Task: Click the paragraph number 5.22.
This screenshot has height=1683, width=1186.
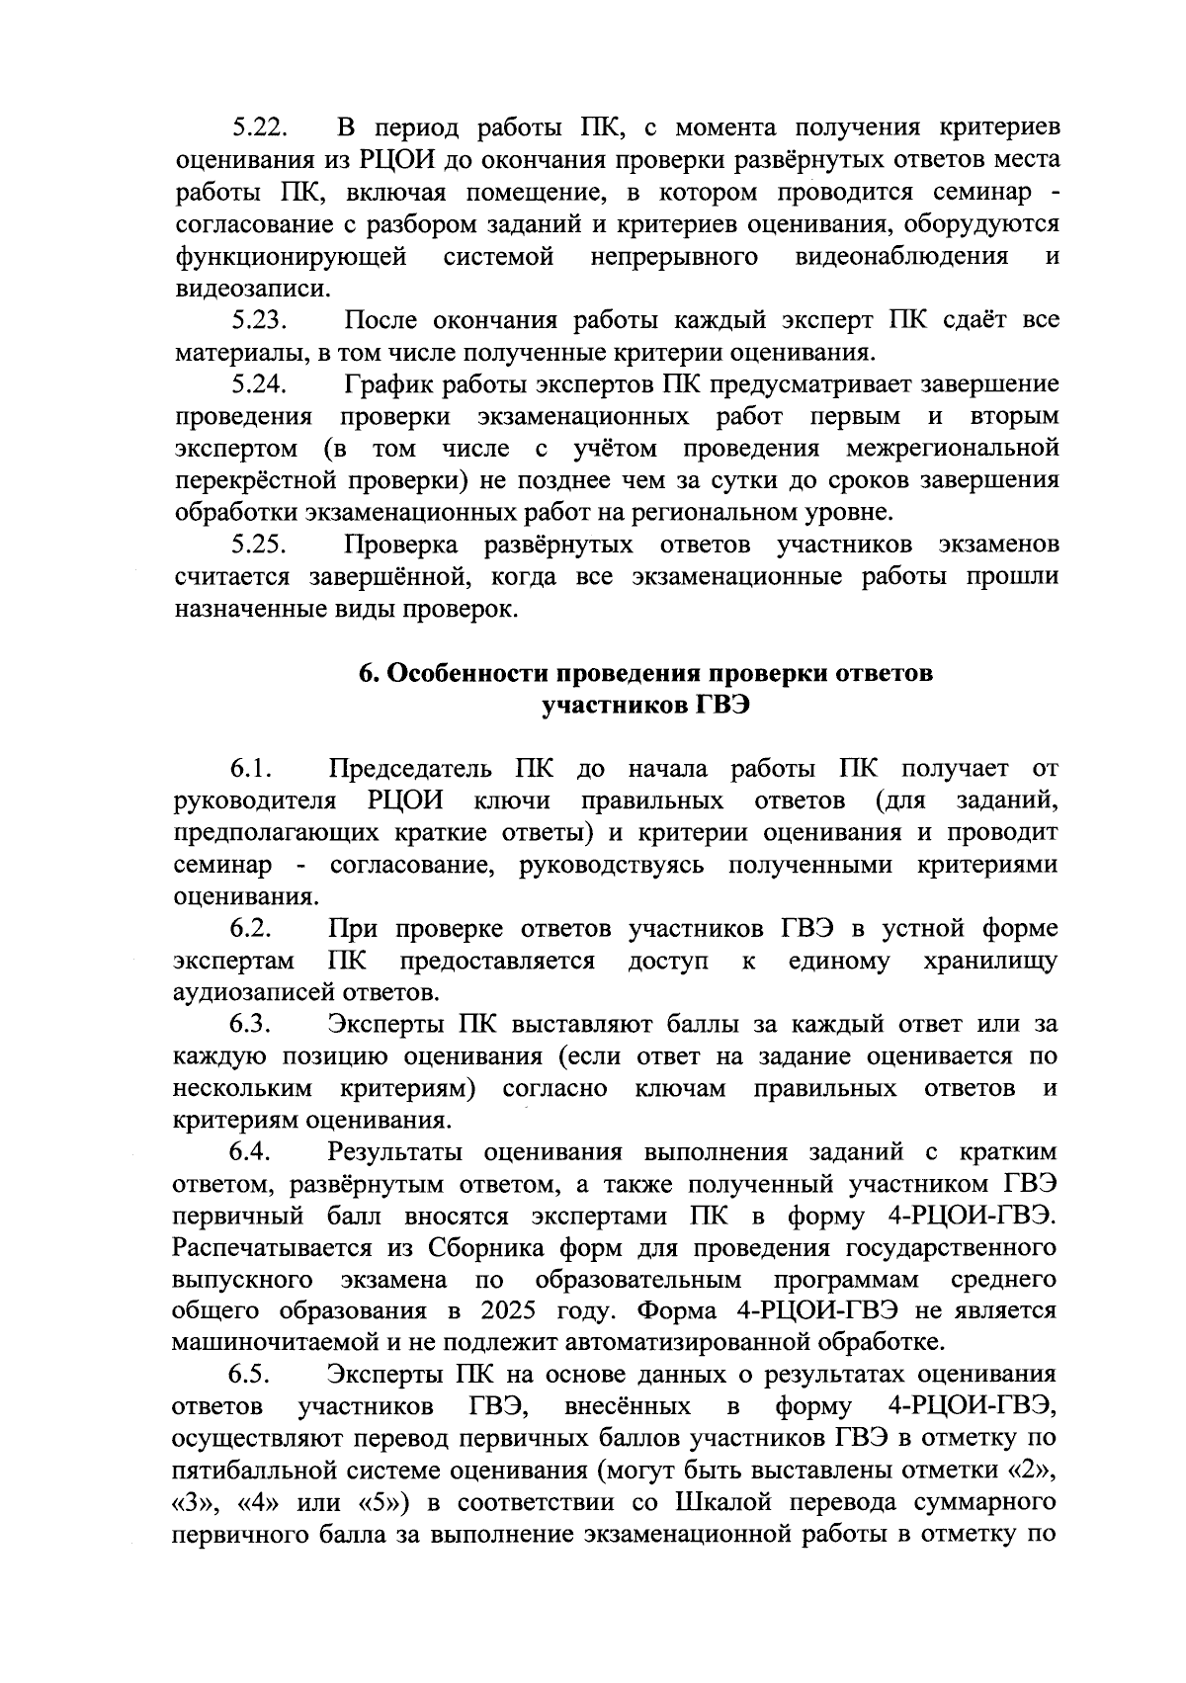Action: (x=259, y=128)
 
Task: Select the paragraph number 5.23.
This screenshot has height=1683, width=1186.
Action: (x=259, y=321)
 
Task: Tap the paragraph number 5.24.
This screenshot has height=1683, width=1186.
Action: (x=259, y=384)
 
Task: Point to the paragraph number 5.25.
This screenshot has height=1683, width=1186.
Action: (x=259, y=546)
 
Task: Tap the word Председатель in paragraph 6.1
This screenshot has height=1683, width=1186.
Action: (x=406, y=769)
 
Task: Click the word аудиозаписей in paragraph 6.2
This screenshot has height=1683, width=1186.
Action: (x=252, y=992)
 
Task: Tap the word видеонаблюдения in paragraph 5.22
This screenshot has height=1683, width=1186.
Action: (x=901, y=257)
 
